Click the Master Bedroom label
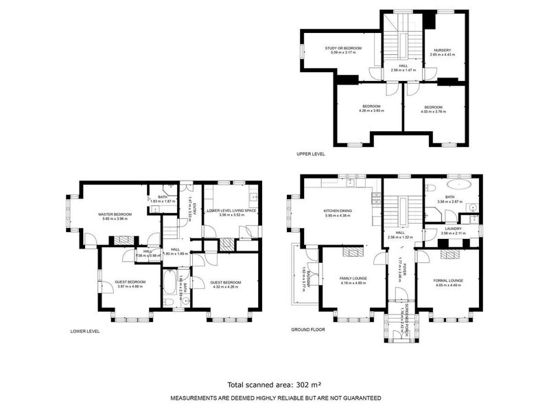click(x=115, y=214)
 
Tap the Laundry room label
click(x=452, y=229)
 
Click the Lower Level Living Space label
click(x=233, y=211)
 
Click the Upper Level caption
click(x=310, y=154)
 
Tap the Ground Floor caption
click(x=307, y=330)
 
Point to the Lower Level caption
click(x=85, y=331)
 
